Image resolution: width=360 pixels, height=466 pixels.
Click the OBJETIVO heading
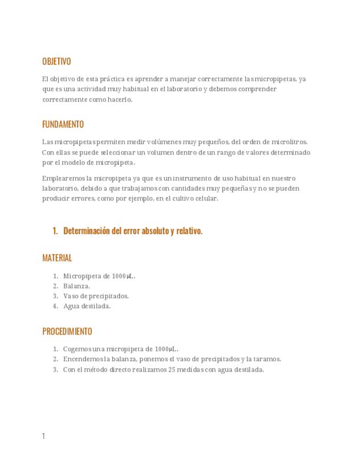[57, 62]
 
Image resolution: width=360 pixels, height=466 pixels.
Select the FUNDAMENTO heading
[63, 125]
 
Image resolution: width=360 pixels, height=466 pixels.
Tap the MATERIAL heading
[57, 258]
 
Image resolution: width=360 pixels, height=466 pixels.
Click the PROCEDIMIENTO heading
[67, 331]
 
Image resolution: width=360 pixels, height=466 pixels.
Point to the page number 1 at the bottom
[43, 436]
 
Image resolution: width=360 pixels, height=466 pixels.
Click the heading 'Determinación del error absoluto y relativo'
[132, 231]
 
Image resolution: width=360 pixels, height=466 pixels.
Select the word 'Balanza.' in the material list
[76, 286]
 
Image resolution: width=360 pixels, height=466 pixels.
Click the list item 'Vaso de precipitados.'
[96, 296]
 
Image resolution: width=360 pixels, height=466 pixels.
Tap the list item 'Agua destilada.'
[87, 306]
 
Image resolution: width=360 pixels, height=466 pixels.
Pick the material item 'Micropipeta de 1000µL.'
[99, 276]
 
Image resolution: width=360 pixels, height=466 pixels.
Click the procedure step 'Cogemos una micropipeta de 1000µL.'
[120, 349]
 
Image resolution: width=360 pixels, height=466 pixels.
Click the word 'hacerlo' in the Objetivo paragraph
[120, 99]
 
